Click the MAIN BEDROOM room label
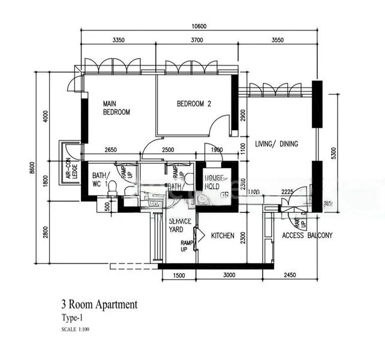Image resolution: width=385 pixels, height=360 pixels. click(x=116, y=107)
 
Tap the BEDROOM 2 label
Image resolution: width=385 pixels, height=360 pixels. click(x=194, y=104)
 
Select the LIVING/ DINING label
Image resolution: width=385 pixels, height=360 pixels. click(x=276, y=143)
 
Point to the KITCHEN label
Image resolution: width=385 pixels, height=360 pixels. click(x=222, y=236)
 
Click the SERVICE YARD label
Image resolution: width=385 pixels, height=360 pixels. click(x=179, y=225)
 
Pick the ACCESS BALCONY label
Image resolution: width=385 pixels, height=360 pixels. click(x=307, y=235)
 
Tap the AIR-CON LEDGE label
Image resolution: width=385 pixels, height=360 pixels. click(x=72, y=168)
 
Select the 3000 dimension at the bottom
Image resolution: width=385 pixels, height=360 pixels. click(x=222, y=275)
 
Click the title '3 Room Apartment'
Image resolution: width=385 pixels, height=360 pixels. click(x=99, y=304)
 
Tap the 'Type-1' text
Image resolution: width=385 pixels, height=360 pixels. click(x=72, y=318)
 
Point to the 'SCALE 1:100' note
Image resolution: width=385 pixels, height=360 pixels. click(x=77, y=329)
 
